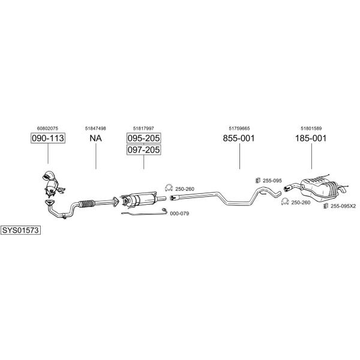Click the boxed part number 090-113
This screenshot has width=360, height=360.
point(48,138)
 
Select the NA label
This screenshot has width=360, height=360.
point(95,138)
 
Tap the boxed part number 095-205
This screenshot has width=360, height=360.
point(144,138)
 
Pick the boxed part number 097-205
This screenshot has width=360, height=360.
point(144,149)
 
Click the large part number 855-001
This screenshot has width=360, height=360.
point(239,138)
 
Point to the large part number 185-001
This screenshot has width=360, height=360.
point(311,138)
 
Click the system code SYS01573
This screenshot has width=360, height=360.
point(20,230)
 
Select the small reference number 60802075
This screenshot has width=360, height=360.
point(47,128)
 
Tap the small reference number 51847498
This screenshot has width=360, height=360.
point(95,128)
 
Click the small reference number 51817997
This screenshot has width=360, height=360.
point(143,128)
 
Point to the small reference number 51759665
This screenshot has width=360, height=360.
point(239,128)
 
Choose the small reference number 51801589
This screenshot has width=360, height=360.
point(311,128)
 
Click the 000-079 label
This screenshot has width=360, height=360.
point(179,214)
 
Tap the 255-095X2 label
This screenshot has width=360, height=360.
point(343,206)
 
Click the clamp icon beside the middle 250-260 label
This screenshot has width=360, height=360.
point(169,188)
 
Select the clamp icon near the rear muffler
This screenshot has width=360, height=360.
point(285,202)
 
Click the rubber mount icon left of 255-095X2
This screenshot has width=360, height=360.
point(325,206)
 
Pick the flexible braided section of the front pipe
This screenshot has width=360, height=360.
point(87,204)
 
